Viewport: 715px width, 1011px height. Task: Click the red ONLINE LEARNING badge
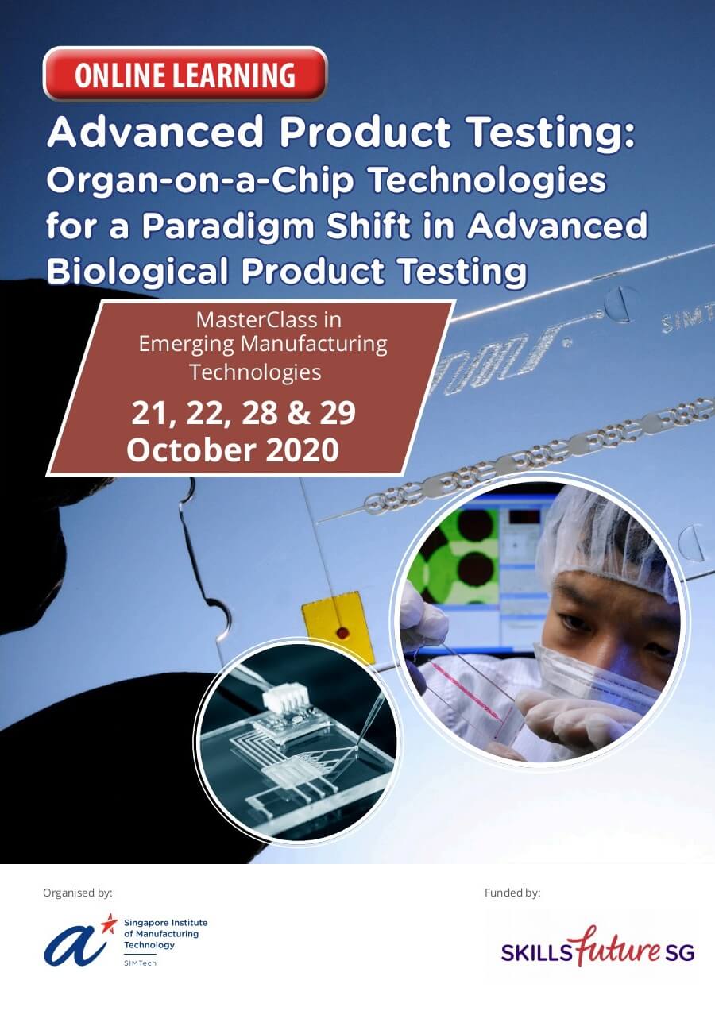[x=184, y=75]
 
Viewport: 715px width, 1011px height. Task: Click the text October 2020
[x=233, y=450]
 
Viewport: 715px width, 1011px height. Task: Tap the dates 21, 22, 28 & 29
[x=242, y=413]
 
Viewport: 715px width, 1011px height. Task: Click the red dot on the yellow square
[x=342, y=633]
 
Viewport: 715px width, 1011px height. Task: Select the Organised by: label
[x=78, y=893]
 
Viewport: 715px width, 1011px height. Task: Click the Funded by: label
[x=512, y=893]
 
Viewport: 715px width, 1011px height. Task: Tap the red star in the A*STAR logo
[x=109, y=923]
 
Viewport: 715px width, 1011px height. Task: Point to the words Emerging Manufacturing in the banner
[x=263, y=345]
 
